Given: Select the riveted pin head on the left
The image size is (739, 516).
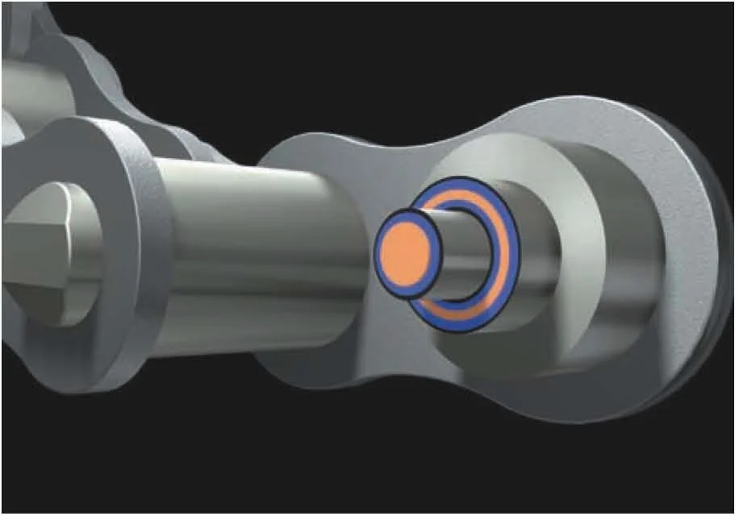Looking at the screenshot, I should tap(48, 250).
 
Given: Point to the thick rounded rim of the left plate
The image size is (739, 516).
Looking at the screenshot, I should tap(149, 242).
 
